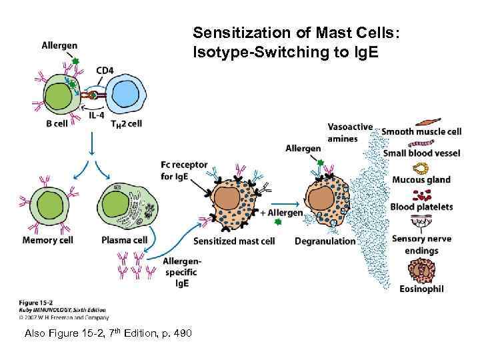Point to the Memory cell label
pos(47,240)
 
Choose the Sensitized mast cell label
pos(233,241)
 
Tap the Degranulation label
pos(325,241)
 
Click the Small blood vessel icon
pos(422,143)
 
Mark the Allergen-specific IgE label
pos(181,273)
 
